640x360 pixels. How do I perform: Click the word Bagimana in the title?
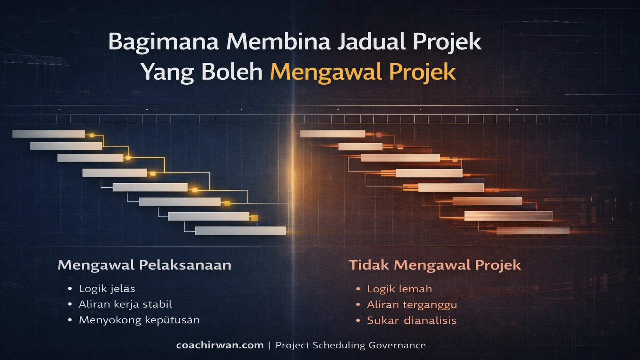(x=163, y=42)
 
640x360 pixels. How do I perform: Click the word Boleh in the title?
(x=232, y=72)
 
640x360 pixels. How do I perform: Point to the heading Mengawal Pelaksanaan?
(x=144, y=265)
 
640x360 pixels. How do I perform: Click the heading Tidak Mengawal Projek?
(x=435, y=265)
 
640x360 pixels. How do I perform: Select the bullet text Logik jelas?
(x=107, y=289)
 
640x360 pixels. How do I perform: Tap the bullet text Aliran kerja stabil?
(x=125, y=304)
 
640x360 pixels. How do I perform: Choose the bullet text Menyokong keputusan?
(x=139, y=320)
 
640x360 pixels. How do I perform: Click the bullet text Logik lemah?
(x=399, y=289)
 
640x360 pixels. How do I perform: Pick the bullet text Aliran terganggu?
(x=412, y=305)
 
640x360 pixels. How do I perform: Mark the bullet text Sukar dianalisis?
(x=412, y=320)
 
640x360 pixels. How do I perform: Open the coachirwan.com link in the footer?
(x=220, y=345)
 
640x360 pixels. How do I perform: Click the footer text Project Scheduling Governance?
(x=350, y=345)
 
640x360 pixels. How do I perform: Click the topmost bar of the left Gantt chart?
(x=49, y=134)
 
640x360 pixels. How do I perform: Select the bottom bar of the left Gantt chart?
(x=240, y=231)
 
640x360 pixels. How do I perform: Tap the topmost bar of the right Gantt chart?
(x=332, y=134)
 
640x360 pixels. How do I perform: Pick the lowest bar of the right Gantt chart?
(x=533, y=231)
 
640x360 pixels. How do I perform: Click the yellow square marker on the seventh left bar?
(x=254, y=218)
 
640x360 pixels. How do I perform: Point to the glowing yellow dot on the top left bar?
(x=92, y=135)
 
